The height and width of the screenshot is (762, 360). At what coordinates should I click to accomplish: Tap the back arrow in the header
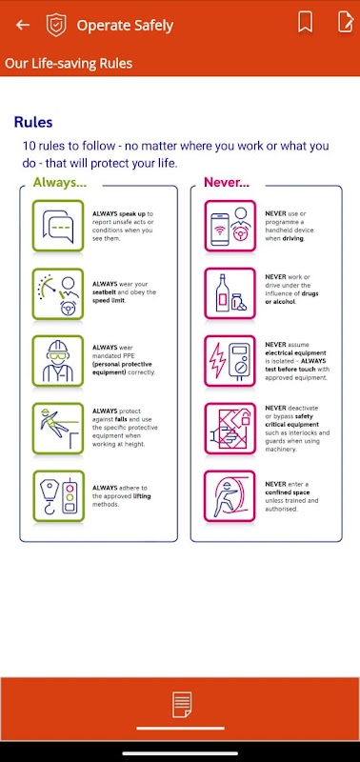pos(23,25)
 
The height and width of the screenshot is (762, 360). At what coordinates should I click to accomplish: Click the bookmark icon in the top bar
pos(305,22)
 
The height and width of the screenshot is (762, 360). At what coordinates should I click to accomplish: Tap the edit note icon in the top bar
pos(345,22)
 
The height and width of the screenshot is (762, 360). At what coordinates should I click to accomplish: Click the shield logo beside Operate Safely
pos(56,25)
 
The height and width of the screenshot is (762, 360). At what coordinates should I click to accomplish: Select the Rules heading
pos(33,122)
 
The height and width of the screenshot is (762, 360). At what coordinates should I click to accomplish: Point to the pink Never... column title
pos(227,182)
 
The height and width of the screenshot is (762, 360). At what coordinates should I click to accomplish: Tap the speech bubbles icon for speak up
pos(58,226)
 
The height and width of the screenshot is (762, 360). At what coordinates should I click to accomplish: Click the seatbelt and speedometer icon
pos(58,294)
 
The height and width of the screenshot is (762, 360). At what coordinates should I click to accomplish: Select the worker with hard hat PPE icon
pos(58,361)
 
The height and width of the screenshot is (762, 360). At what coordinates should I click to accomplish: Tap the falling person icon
pos(58,429)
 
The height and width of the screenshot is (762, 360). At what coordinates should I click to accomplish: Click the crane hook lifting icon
pos(58,496)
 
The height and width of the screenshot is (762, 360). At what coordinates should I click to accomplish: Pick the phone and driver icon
pos(230,226)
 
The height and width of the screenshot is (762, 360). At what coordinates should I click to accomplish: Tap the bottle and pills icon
pos(230,294)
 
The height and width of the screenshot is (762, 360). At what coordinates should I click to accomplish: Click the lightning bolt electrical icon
pos(230,361)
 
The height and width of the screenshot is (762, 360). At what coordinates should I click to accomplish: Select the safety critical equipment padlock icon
pos(230,429)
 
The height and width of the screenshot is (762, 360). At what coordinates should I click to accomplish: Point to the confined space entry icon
pos(230,496)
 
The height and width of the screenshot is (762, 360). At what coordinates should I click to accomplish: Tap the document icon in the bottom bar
pos(181,705)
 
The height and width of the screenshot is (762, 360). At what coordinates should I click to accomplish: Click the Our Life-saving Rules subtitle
pos(69,64)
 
